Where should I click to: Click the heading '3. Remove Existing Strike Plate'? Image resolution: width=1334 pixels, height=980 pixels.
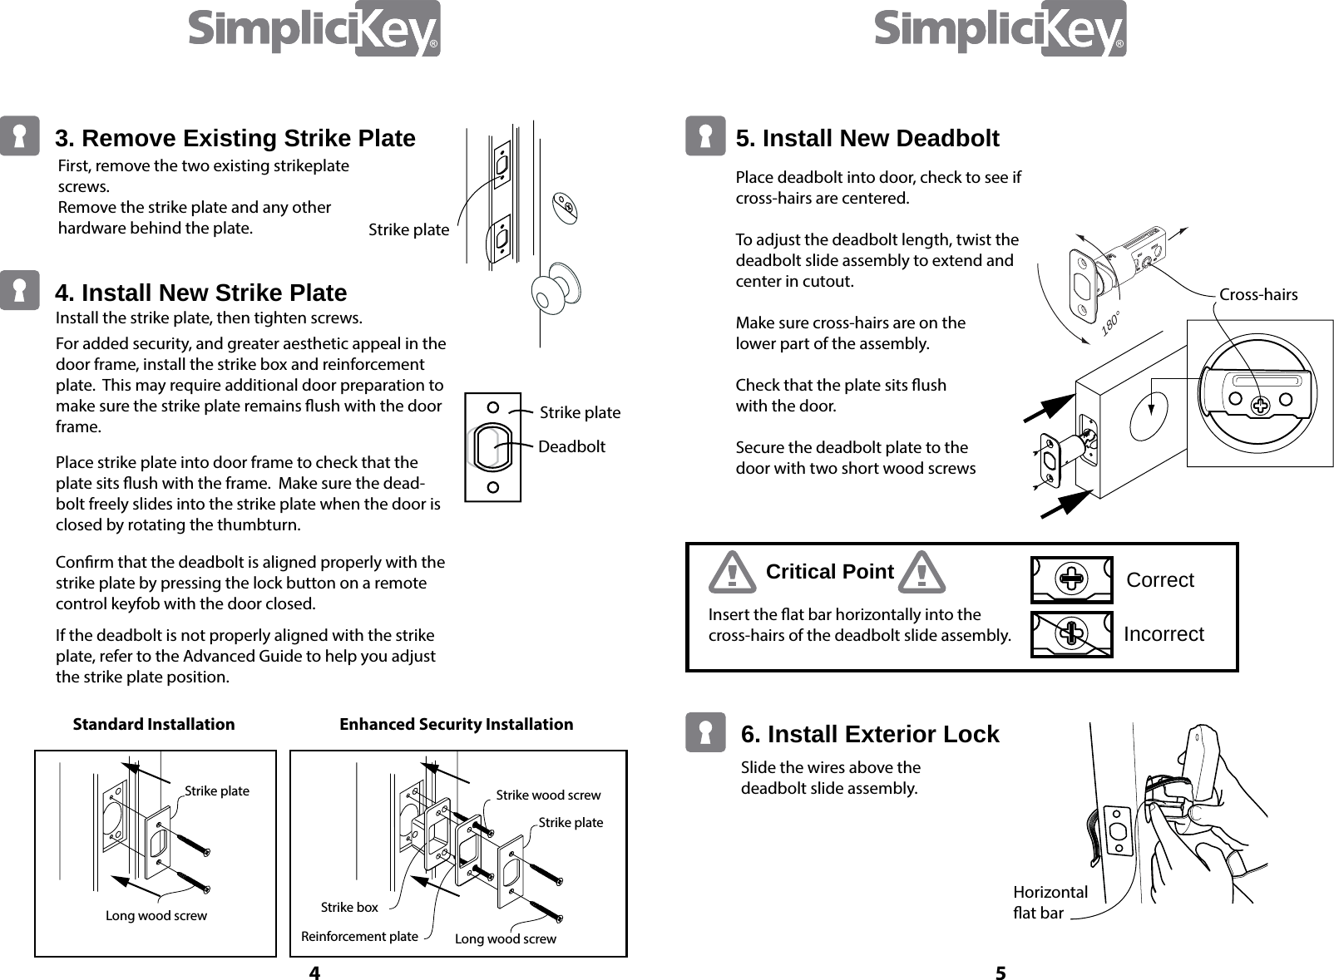[235, 138]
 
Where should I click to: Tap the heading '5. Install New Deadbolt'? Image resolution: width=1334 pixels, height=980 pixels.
[867, 138]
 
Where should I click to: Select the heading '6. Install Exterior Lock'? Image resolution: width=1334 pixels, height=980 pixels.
[869, 734]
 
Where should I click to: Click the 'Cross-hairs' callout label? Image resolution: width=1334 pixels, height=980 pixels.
[1257, 294]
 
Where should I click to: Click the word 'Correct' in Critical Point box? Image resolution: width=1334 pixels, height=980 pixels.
[1159, 580]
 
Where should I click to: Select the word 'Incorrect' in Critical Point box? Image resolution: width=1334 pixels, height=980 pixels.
[1163, 634]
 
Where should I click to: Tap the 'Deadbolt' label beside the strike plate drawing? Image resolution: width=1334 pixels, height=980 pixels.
[571, 447]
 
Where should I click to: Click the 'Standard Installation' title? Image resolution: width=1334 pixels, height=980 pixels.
[154, 724]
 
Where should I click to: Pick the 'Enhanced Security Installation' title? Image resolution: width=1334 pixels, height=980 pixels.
[456, 724]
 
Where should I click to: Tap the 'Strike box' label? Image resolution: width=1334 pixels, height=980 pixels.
[349, 907]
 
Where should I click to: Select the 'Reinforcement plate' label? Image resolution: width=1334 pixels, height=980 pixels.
[359, 937]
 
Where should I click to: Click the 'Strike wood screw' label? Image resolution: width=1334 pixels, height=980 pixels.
[547, 795]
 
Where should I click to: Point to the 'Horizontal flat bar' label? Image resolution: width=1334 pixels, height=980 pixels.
[1050, 903]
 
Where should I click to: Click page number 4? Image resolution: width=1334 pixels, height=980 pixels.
[314, 973]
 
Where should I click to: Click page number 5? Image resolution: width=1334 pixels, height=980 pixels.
[1000, 973]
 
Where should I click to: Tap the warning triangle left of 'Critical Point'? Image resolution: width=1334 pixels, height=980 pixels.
[732, 573]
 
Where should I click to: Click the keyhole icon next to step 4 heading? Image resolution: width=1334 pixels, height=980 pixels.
[19, 290]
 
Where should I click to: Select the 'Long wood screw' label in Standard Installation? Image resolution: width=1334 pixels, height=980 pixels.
[156, 916]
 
